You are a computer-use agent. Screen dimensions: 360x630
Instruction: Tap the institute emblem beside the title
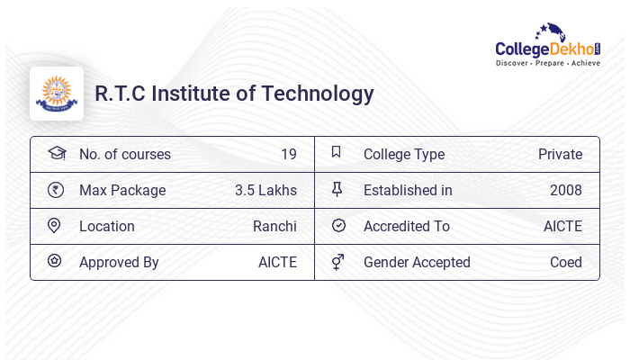point(56,94)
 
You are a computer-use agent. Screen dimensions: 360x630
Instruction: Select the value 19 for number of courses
point(288,154)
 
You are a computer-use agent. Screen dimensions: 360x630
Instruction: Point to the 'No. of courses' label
point(125,154)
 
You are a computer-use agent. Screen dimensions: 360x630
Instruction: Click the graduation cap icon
point(56,153)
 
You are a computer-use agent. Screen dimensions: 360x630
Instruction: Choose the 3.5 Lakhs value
point(265,190)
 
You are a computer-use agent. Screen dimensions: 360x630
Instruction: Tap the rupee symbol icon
point(55,190)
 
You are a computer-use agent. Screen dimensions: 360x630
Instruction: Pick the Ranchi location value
point(274,226)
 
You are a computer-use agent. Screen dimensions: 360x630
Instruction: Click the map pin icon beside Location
point(54,226)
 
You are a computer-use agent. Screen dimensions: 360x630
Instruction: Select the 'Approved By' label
point(119,262)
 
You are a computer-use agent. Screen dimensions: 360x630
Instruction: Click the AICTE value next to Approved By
point(277,262)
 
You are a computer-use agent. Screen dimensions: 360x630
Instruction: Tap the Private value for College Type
point(560,154)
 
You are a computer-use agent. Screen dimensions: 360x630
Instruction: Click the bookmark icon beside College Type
point(337,153)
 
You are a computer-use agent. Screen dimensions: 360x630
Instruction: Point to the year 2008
point(566,190)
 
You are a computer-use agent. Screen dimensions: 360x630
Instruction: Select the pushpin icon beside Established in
point(337,190)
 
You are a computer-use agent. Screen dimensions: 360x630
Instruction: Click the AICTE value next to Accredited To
point(562,226)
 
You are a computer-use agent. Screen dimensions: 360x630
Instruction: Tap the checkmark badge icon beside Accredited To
point(338,226)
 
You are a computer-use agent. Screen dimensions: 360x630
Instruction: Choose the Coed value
point(566,262)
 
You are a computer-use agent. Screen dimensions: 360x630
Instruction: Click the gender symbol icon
point(337,262)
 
